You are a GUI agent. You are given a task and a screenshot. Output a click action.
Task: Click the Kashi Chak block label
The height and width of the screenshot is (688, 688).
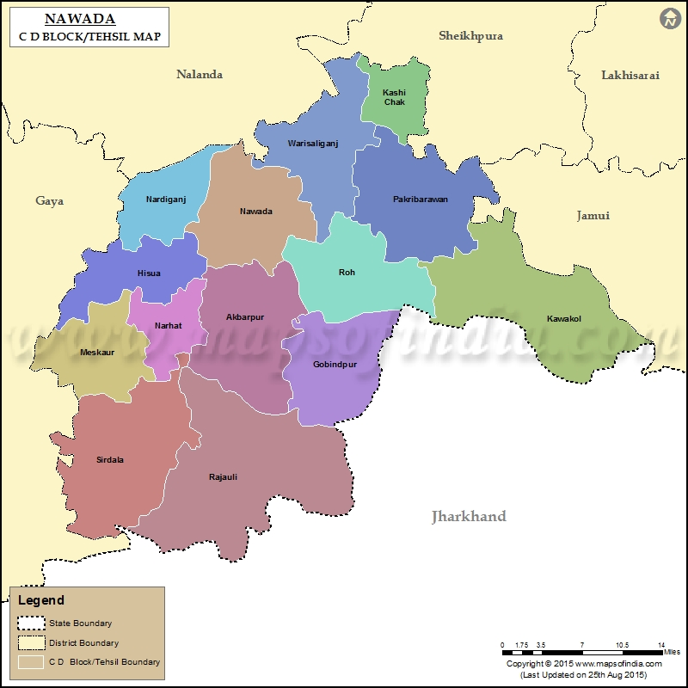point(394,97)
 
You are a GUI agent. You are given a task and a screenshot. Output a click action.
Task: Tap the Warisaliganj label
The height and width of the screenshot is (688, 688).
point(313,144)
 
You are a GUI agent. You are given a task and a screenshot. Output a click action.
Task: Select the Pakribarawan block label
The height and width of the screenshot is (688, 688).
point(421,200)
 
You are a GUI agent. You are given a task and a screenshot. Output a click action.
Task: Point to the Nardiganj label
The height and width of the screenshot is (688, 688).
point(166,200)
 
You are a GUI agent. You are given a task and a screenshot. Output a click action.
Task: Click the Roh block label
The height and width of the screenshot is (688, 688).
point(347,273)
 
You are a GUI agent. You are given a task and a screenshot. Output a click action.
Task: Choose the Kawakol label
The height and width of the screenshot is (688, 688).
point(564,319)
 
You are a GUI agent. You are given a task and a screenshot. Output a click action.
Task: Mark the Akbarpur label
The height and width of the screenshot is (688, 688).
point(245,317)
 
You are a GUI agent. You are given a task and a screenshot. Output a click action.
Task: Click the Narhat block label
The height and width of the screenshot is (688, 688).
point(169,326)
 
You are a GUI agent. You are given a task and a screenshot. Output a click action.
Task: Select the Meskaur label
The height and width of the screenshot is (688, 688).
point(96,353)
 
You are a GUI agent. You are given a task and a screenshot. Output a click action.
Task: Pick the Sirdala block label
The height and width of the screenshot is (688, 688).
point(110,459)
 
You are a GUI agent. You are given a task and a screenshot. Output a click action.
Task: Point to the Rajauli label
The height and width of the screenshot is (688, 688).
point(223,476)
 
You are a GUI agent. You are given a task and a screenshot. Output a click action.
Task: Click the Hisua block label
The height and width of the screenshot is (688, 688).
point(149,273)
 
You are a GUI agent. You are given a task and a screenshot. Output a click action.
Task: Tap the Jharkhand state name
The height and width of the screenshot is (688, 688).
point(469,516)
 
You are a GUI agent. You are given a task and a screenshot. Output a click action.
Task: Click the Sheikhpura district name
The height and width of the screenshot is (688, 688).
point(470,36)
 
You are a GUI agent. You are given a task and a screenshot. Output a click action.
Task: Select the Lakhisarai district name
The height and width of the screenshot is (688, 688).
point(630,76)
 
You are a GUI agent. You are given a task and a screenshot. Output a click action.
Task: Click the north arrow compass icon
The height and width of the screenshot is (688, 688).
point(670,18)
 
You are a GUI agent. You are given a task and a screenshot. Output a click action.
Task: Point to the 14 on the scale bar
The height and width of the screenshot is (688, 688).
point(661,645)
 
